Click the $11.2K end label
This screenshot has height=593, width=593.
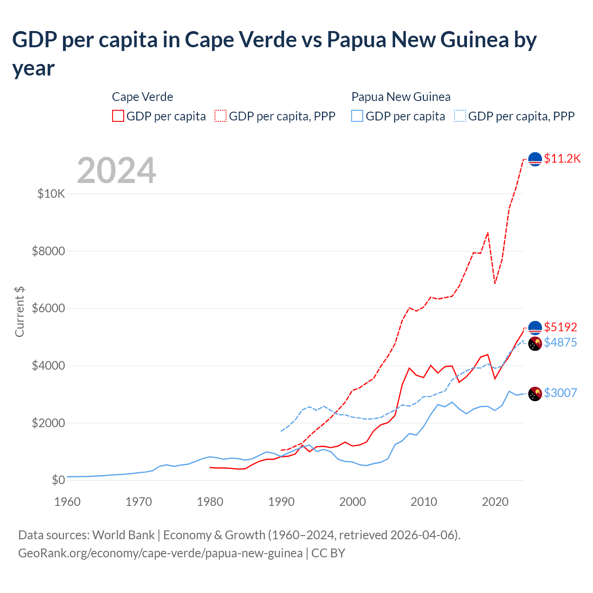point(562,158)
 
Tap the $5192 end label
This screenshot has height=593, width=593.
point(560,327)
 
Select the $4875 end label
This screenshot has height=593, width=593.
point(560,342)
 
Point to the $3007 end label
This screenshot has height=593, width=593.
point(560,393)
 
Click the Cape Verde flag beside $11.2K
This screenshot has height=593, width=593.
point(535,159)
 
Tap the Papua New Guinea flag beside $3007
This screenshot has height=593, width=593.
point(535,393)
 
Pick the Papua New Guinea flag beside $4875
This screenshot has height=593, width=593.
point(535,343)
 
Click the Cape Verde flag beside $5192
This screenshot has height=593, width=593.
point(535,328)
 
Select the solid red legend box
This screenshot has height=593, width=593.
point(118,116)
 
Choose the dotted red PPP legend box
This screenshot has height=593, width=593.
point(221,116)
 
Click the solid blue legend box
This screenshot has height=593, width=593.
point(357,116)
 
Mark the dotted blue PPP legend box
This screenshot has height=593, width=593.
point(460,116)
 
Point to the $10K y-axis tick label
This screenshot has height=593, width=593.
point(51,194)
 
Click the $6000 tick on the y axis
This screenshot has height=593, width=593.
point(49,309)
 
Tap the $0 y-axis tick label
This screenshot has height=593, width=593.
point(58,480)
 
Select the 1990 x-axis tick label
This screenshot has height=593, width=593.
point(281,502)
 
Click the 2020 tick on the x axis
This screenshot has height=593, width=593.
point(495,502)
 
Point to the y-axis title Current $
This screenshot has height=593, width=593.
point(19,312)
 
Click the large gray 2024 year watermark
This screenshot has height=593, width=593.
point(116,170)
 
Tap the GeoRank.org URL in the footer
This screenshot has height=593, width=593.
point(160,553)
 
